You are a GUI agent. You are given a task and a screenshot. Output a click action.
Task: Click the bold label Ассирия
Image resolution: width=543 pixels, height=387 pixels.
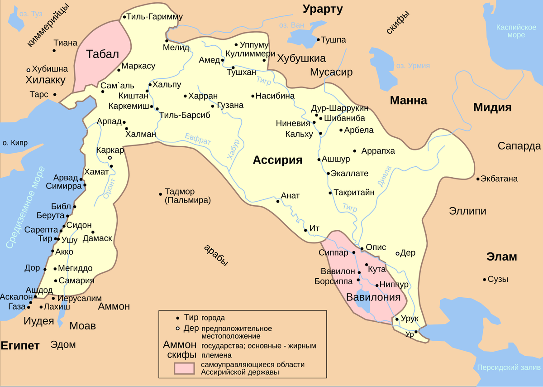277,160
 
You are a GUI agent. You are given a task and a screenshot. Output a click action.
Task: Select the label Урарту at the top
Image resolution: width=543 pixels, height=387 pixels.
323,9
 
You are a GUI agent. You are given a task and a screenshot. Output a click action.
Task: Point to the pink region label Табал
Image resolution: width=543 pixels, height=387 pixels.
102,54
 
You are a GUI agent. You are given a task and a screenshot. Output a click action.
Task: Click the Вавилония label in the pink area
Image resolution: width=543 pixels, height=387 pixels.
373,297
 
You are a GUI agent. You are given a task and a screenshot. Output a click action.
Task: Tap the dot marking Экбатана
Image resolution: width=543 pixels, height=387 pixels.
478,179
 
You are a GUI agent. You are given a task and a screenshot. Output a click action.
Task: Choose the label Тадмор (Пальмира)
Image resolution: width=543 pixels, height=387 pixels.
187,195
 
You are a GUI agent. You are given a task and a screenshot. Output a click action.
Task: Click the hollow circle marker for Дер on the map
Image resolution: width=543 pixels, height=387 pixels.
398,253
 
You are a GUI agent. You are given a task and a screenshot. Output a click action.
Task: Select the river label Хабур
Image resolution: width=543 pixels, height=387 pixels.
233,149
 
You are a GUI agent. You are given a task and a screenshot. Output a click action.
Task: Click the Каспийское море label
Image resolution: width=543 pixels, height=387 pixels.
516,31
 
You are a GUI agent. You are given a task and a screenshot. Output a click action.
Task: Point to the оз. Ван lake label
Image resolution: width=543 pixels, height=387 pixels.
292,25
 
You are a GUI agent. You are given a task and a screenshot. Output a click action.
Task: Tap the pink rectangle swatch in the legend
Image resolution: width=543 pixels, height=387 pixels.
186,368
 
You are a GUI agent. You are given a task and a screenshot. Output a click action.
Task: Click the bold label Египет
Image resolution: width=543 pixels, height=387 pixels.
20,345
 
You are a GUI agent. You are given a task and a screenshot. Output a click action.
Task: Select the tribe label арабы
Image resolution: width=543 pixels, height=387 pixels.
215,256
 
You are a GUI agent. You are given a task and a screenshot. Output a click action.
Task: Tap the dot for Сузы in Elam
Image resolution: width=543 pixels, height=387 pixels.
484,279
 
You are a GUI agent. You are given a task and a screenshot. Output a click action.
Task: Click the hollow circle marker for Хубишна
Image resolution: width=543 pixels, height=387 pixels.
29,70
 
